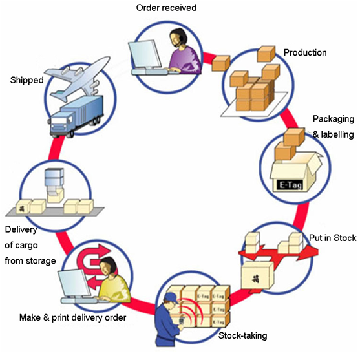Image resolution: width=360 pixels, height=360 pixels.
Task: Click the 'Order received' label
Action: (x=166, y=8)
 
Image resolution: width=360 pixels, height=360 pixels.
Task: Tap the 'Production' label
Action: (x=305, y=52)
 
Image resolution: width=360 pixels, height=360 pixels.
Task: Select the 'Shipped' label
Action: (x=26, y=80)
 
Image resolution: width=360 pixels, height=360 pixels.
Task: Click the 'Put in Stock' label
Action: (x=333, y=238)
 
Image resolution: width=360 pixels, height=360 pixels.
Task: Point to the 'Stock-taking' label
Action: (x=242, y=335)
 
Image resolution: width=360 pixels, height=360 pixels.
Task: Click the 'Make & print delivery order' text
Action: (x=73, y=317)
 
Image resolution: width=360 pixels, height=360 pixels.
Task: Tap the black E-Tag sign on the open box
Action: (x=291, y=185)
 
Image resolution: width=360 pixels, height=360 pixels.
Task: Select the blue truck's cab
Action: (x=61, y=125)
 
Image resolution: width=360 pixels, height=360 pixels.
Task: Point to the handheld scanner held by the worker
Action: (x=182, y=321)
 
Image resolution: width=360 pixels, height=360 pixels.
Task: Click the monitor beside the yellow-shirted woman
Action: (x=74, y=284)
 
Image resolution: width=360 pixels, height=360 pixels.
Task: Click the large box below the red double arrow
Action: (x=257, y=275)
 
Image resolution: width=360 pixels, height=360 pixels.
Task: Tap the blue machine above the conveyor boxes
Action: (x=54, y=181)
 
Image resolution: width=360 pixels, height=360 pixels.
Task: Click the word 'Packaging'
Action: (x=334, y=119)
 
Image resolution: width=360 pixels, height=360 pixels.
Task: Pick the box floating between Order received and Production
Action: (x=220, y=63)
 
